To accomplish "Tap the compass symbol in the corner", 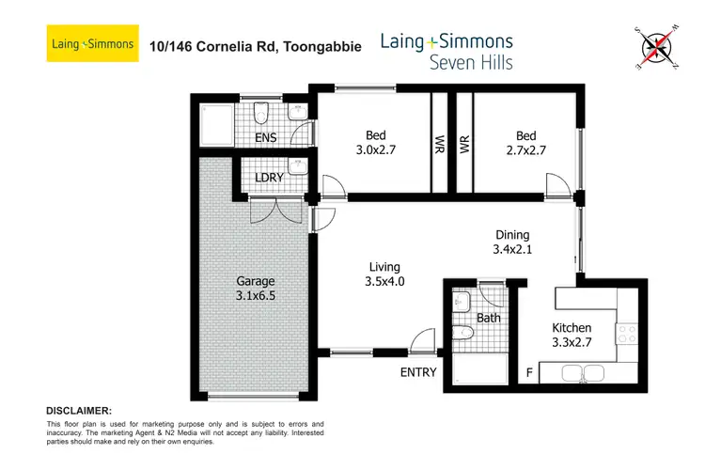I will point(658,47).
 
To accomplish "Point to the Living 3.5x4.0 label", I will point(384,272).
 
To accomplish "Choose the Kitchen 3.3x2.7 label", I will point(571,336).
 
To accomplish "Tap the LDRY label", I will point(271,178).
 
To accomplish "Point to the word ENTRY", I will point(418,372).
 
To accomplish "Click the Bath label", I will point(488,318).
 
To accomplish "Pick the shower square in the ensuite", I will point(211,122).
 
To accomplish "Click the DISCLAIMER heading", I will point(79,411).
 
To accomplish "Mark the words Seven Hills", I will point(446,63).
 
